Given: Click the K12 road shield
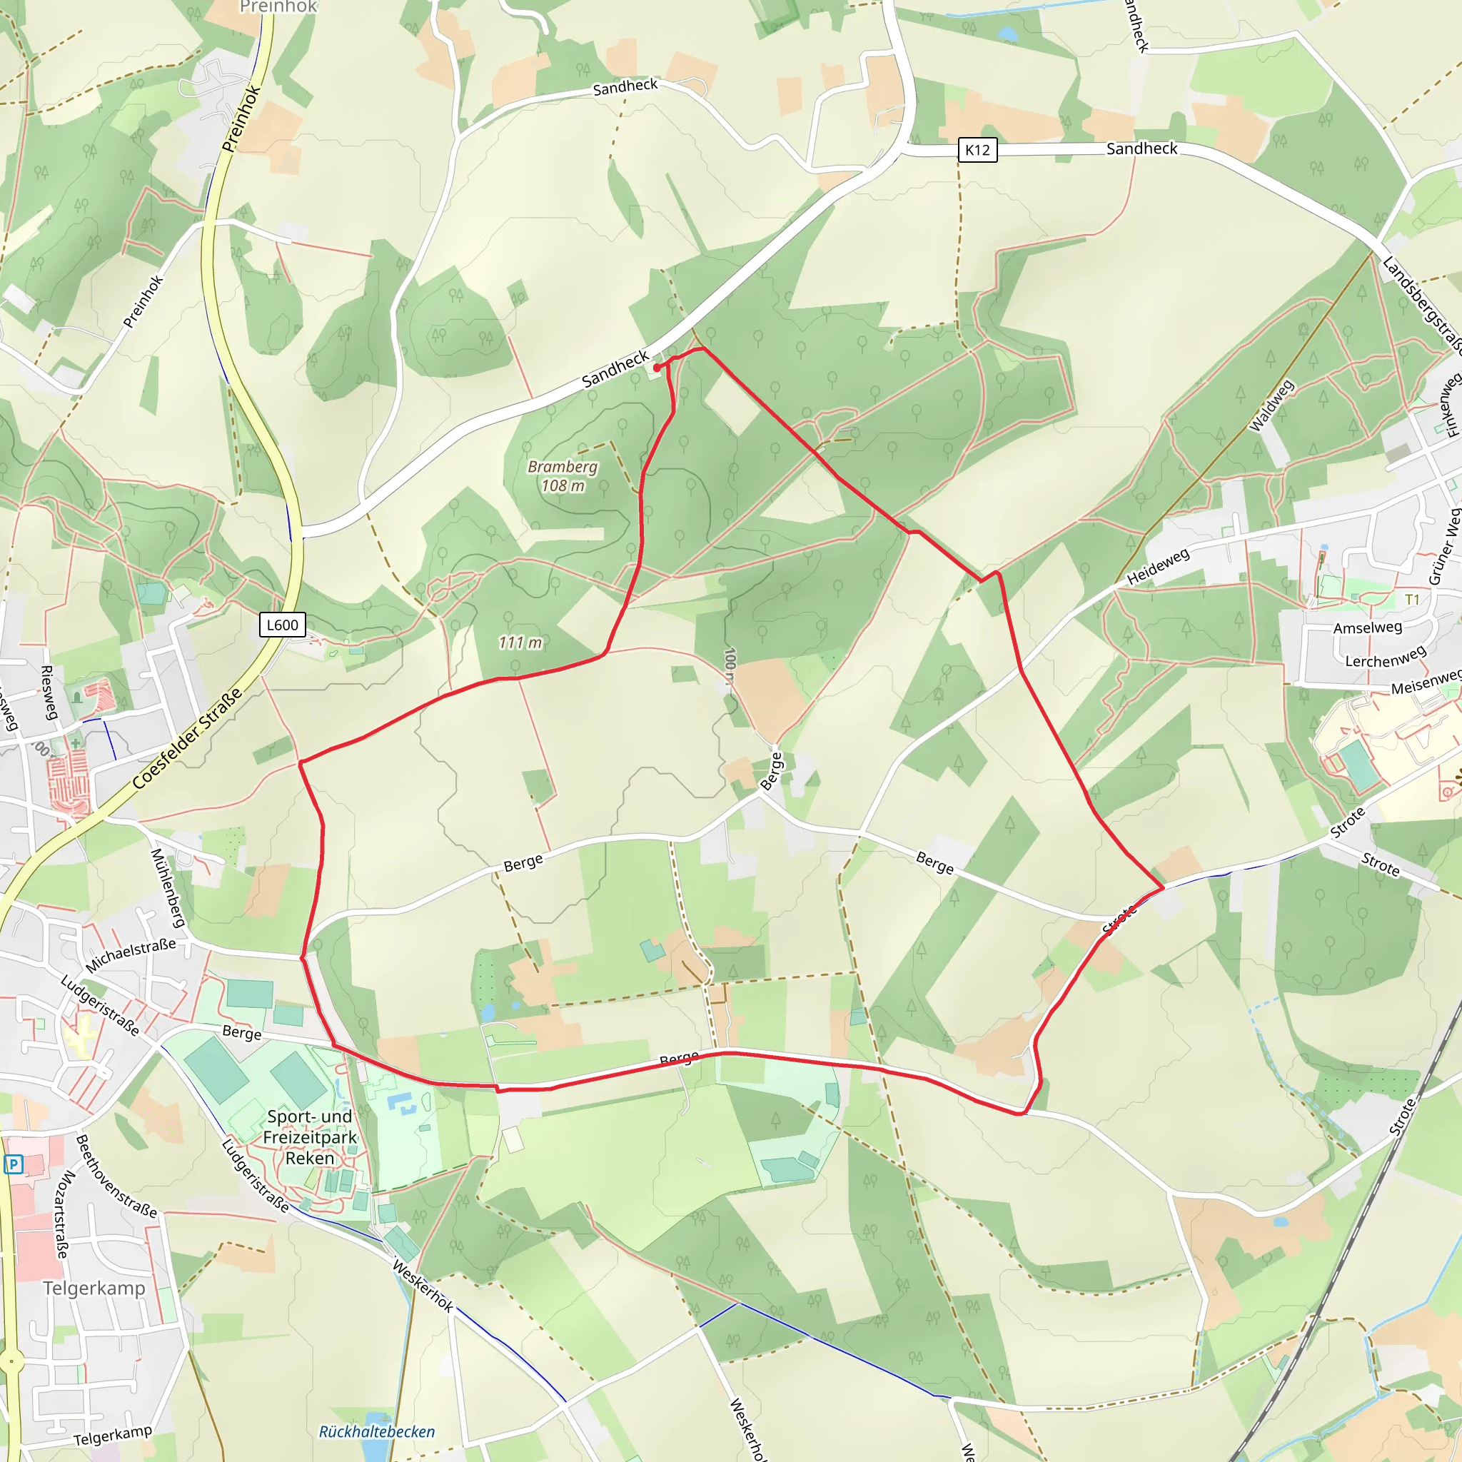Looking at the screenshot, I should point(977,150).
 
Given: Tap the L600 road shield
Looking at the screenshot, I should point(282,625).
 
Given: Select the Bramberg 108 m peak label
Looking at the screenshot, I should point(563,476).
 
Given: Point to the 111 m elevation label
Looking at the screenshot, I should point(520,642).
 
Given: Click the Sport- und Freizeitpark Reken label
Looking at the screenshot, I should point(310,1137).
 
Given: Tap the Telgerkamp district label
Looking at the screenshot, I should point(94,1288).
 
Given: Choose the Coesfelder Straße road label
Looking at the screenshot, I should point(188,739).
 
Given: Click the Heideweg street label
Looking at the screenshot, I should point(1158,567).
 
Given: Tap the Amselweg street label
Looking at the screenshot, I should point(1367,627).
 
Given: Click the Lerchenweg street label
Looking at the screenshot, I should point(1386,656).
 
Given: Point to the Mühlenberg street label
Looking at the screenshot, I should point(168,887).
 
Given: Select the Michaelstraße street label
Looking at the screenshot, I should point(131,955).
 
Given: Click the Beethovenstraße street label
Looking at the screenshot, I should point(116,1176).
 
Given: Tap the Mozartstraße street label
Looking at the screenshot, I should point(64,1214).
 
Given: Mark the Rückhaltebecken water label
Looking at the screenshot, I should point(377,1432).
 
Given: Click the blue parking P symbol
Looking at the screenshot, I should point(14,1164).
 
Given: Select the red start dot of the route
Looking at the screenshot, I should point(656,368).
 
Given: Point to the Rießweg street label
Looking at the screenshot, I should point(49,692).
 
